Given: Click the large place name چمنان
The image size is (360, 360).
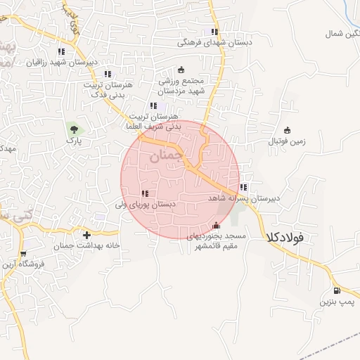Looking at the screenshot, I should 167,156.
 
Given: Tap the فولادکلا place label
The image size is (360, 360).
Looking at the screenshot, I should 285,238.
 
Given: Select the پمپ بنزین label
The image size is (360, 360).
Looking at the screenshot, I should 335,302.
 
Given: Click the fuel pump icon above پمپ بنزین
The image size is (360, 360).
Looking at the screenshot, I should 336,291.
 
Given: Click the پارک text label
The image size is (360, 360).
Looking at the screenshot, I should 74,141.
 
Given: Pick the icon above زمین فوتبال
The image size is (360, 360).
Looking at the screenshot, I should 287,129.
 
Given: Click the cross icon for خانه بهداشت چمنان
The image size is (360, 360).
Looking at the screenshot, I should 86,235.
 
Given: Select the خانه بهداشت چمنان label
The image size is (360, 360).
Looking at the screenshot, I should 86,246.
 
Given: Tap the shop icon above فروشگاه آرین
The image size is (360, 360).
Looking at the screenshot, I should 24,254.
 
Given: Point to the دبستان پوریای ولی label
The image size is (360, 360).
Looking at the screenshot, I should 145,205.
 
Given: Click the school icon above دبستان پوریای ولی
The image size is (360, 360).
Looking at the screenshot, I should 145,193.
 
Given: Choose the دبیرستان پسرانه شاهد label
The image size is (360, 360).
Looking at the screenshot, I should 243,199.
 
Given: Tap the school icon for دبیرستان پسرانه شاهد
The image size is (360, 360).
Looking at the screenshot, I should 243,188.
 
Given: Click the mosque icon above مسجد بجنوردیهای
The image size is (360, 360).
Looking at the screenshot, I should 216,226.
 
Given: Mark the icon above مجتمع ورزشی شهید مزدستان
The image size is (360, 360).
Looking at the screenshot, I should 181,70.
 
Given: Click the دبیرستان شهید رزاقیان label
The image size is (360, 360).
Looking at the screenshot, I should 62,62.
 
